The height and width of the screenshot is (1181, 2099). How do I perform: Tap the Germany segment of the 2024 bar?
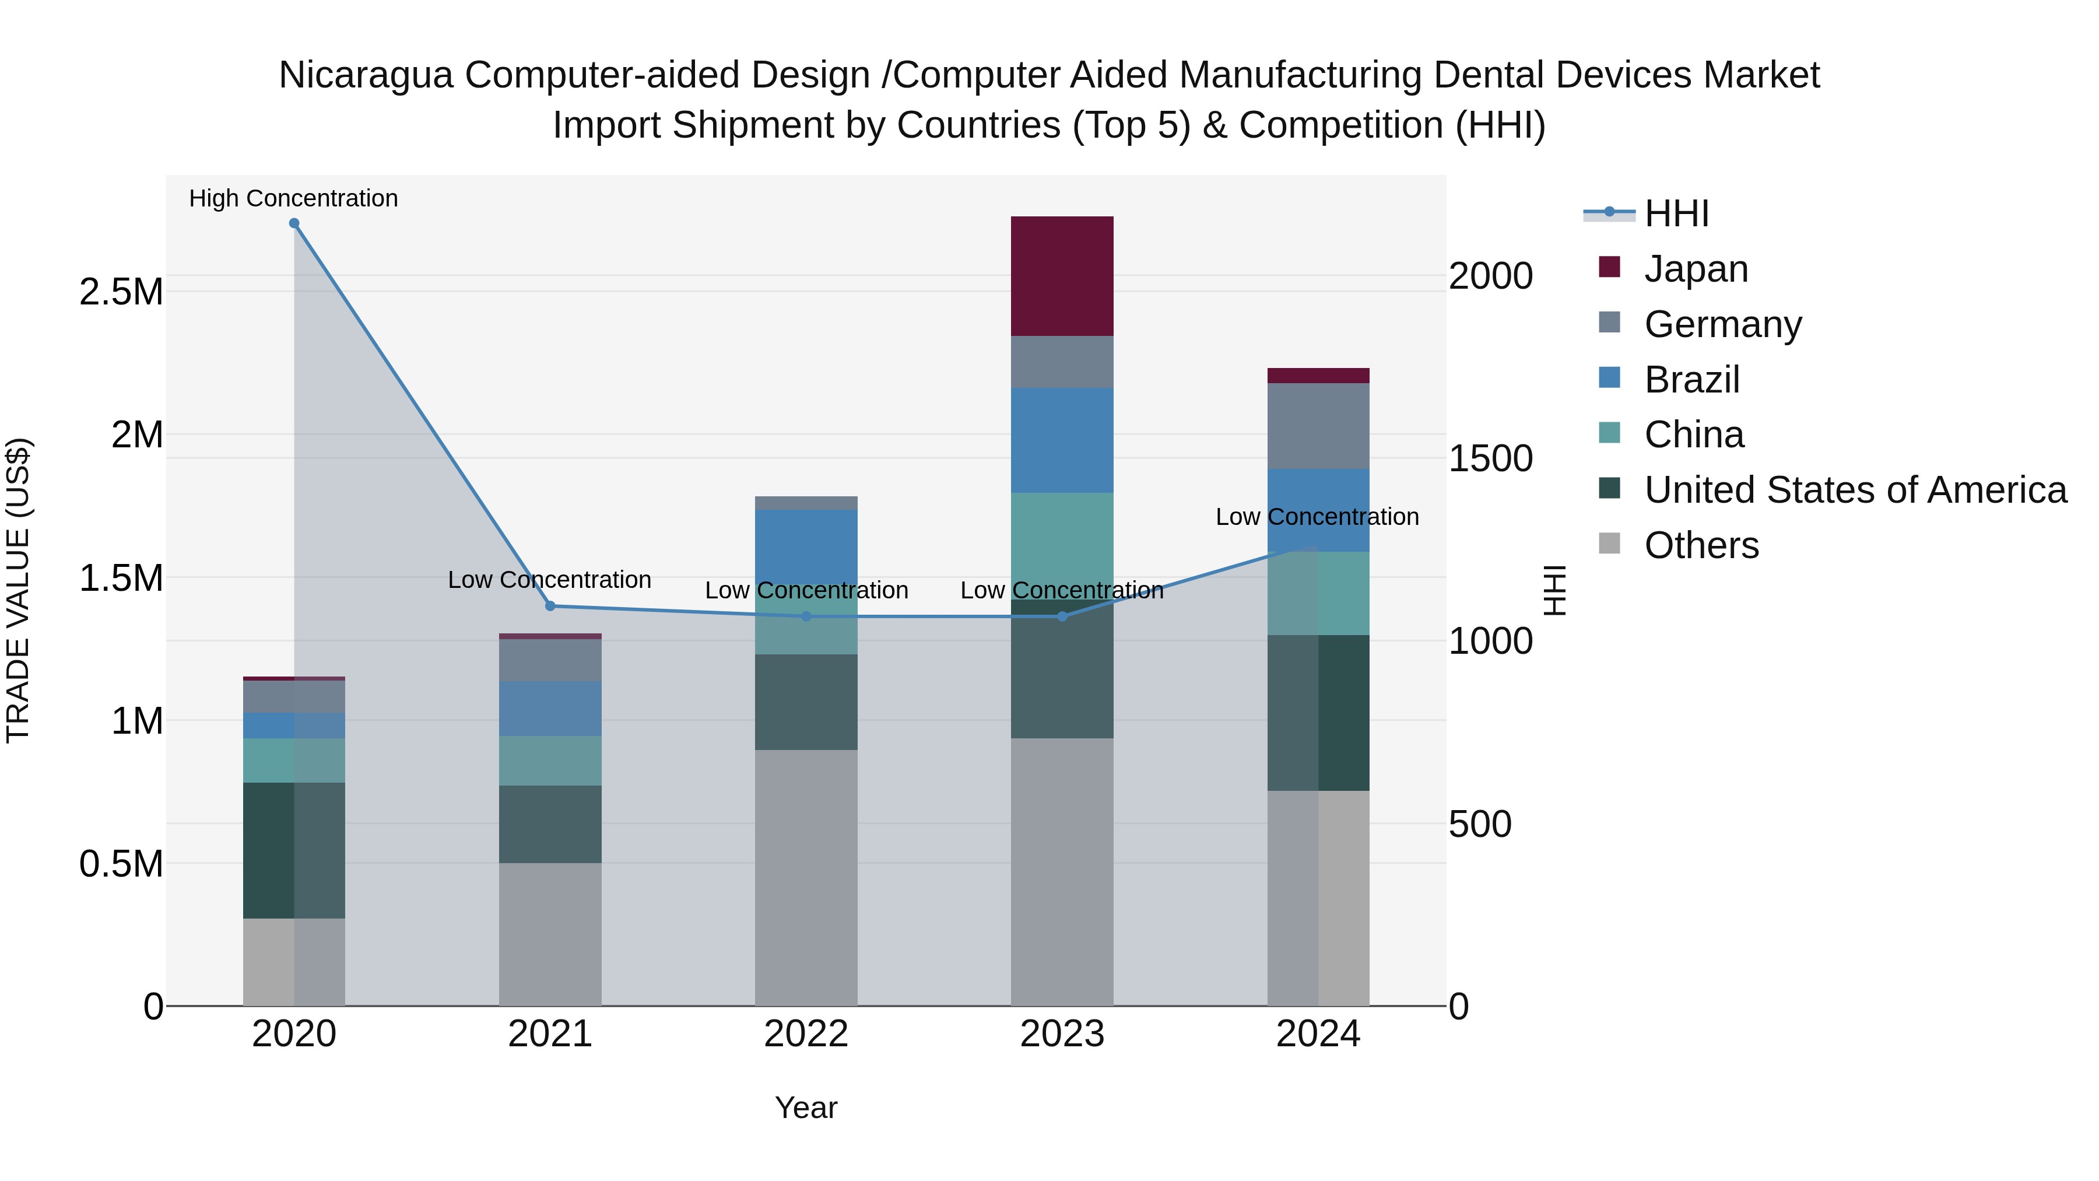(1318, 426)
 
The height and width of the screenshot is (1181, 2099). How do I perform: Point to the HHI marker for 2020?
(294, 223)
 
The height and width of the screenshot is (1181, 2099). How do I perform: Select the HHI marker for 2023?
(1062, 617)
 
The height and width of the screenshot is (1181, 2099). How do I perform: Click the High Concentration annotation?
(293, 199)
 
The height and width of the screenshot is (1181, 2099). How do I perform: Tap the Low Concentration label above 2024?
(1317, 517)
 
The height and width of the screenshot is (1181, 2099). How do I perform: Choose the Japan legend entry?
(1696, 269)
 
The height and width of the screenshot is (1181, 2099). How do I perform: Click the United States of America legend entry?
(1855, 490)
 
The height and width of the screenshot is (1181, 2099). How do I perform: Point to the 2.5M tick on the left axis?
(121, 292)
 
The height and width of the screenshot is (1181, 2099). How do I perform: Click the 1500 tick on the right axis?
(1490, 458)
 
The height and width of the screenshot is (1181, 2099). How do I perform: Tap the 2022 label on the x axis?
(806, 1034)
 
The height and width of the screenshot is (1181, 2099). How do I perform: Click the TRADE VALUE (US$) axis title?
(18, 590)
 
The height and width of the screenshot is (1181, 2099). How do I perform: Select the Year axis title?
(806, 1108)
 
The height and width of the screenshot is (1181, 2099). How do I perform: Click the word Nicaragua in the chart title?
(365, 75)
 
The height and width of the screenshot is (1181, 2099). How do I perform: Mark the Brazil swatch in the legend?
(1609, 378)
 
